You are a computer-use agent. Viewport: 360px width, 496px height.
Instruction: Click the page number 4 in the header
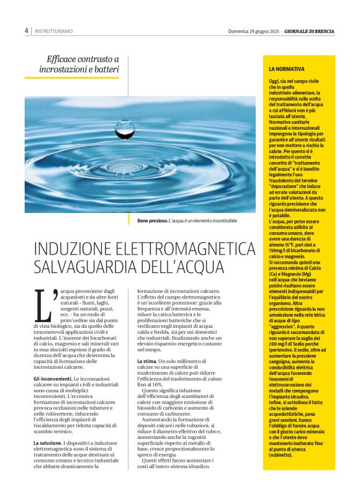[26, 30]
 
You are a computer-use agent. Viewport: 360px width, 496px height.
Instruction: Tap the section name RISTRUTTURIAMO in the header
[53, 30]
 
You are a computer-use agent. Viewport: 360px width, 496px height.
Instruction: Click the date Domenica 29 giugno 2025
[254, 30]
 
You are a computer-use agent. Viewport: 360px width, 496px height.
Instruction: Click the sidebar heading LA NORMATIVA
[286, 69]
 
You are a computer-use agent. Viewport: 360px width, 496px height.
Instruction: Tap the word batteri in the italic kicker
[105, 70]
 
